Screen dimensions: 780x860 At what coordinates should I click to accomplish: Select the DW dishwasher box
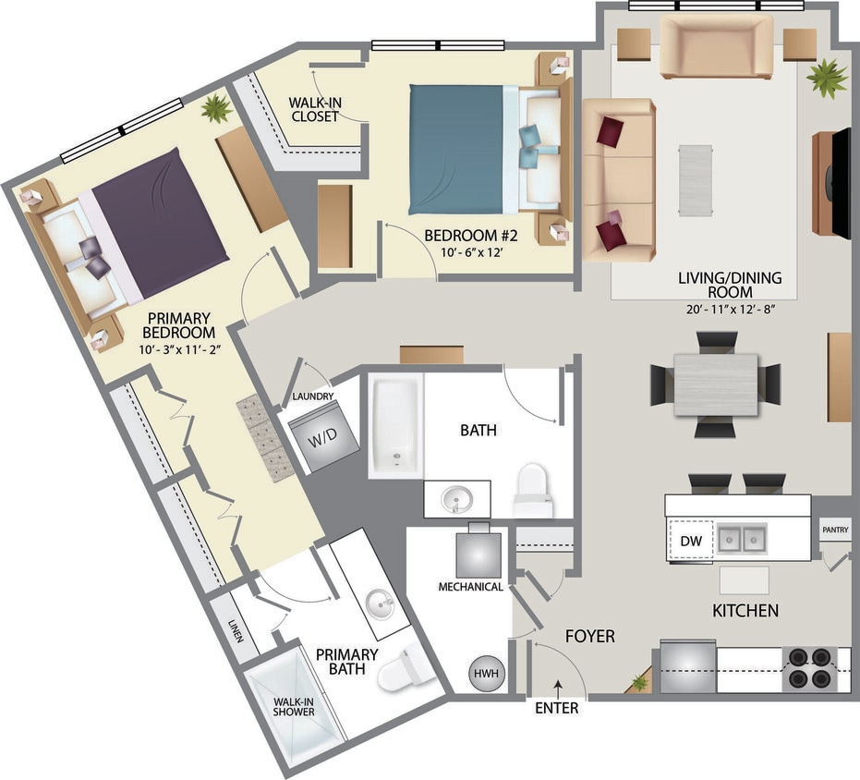689,541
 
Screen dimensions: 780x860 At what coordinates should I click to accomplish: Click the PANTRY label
836,530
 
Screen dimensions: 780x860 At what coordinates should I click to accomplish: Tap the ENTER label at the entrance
557,708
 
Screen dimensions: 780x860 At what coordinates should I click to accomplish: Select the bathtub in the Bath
395,426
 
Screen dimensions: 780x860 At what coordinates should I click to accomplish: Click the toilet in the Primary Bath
402,666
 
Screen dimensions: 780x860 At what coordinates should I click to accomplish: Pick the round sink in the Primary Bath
381,606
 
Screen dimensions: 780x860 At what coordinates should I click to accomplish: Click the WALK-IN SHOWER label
294,707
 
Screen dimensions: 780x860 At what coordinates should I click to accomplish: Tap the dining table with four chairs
715,384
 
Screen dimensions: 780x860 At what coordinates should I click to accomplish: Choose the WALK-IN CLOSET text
315,109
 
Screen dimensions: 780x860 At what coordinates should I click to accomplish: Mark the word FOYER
589,636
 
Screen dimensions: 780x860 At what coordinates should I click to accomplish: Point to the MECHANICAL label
470,587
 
